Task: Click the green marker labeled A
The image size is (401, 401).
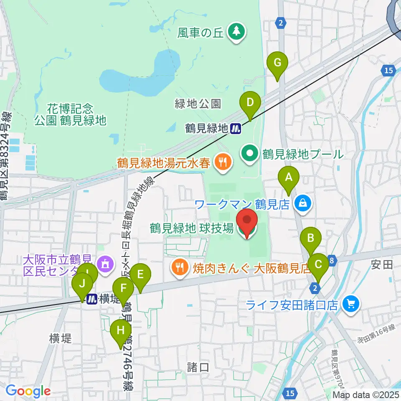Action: click(289, 178)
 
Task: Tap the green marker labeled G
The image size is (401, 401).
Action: click(277, 64)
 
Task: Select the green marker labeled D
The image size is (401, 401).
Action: click(250, 103)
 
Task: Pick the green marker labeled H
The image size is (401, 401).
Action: click(121, 331)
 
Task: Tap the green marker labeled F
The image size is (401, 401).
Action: click(123, 289)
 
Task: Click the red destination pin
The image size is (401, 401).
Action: click(247, 221)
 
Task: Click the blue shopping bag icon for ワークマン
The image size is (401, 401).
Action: click(302, 203)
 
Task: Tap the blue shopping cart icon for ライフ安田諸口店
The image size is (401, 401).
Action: click(350, 304)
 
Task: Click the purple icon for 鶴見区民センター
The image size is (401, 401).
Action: click(104, 263)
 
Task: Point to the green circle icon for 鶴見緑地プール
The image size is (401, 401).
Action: click(250, 154)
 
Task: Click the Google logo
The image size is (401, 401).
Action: click(28, 391)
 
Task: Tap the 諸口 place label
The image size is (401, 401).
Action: click(198, 367)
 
